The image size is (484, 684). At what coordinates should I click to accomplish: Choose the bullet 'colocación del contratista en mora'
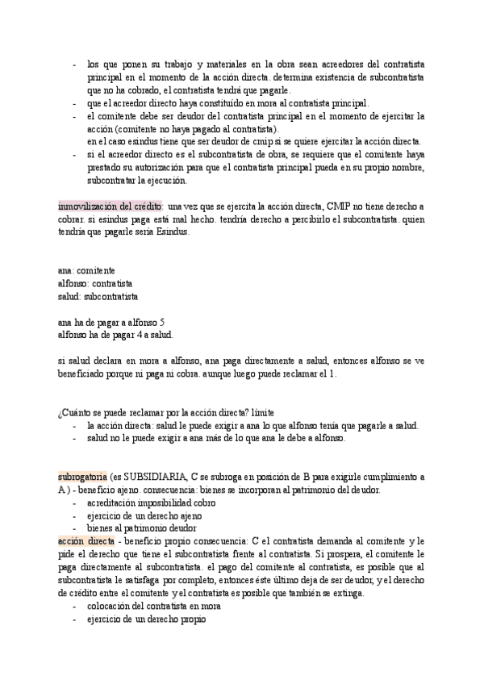[x=153, y=607]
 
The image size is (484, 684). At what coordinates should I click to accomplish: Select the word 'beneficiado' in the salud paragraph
[x=86, y=374]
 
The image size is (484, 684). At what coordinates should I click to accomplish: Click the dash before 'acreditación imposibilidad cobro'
[x=74, y=503]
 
